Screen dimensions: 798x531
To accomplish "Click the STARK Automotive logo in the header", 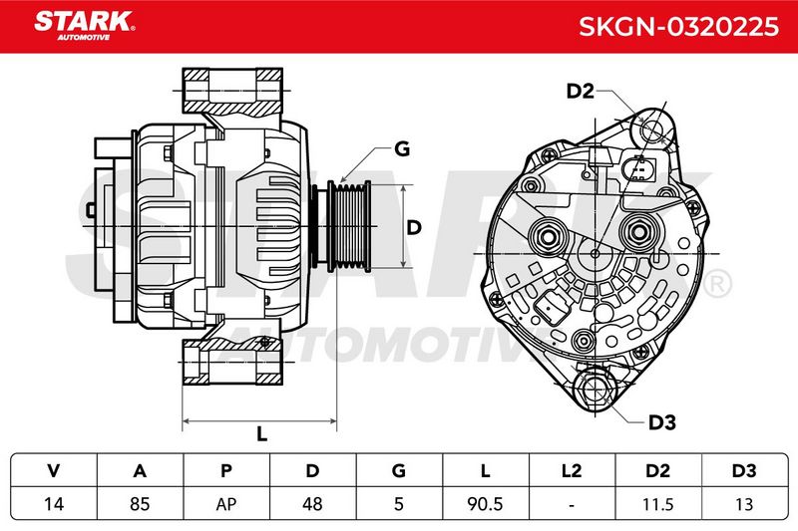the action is tap(85, 26).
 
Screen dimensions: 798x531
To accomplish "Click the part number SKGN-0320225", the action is tap(678, 27).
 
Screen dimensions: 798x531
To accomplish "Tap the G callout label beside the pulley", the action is tap(402, 148).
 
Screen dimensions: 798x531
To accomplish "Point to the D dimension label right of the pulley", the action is tap(414, 227).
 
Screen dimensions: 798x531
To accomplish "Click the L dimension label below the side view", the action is tap(261, 434).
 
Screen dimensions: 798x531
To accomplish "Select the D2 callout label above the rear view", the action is tap(581, 91).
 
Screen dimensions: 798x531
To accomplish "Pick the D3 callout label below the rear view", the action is tap(661, 422).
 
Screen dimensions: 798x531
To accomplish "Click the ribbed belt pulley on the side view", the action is tap(348, 226).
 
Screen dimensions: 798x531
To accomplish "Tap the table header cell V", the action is tap(54, 470).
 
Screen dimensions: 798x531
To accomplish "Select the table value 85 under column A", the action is tap(140, 504).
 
